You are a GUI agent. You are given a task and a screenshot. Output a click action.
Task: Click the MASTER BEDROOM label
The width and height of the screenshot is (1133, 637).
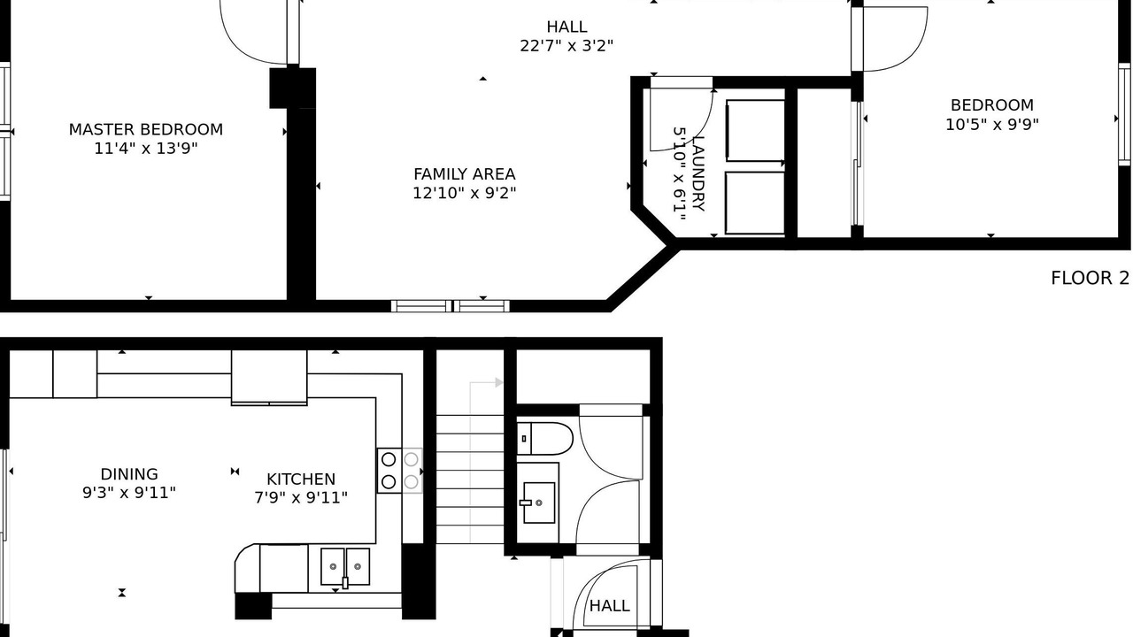(146, 129)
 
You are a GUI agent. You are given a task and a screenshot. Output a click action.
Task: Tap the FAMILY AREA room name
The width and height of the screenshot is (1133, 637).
(465, 174)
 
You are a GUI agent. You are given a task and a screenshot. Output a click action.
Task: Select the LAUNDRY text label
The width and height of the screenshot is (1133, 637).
(698, 173)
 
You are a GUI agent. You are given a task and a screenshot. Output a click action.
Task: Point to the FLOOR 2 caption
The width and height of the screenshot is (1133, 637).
(1090, 278)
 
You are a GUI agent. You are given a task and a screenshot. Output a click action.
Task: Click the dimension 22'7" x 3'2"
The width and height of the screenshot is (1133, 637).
(566, 45)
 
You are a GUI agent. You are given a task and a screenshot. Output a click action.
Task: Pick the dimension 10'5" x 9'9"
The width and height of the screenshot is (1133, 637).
(992, 125)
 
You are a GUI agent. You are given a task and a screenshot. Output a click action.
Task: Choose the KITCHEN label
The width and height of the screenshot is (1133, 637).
(301, 479)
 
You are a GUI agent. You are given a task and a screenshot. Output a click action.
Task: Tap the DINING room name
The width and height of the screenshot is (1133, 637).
(129, 473)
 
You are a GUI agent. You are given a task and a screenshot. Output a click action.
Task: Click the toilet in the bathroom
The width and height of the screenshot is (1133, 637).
(544, 439)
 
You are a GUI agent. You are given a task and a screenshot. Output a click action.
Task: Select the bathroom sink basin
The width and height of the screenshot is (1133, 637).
(539, 503)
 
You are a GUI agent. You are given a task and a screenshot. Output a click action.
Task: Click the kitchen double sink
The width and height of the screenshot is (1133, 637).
(345, 567)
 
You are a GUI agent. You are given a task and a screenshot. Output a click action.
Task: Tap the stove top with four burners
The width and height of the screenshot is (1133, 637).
(399, 471)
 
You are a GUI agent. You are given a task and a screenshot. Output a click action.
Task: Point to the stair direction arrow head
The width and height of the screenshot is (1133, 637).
(498, 383)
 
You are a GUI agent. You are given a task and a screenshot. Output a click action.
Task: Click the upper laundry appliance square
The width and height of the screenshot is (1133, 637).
(755, 130)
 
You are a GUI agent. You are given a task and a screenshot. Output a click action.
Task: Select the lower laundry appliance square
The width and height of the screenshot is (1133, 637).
(755, 203)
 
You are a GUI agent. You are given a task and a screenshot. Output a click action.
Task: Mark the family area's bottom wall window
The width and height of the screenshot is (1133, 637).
(451, 306)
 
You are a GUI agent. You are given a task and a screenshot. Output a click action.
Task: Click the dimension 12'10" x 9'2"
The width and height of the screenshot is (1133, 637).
(465, 193)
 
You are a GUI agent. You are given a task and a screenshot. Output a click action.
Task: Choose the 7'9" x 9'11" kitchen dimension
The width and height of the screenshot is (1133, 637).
(301, 497)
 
